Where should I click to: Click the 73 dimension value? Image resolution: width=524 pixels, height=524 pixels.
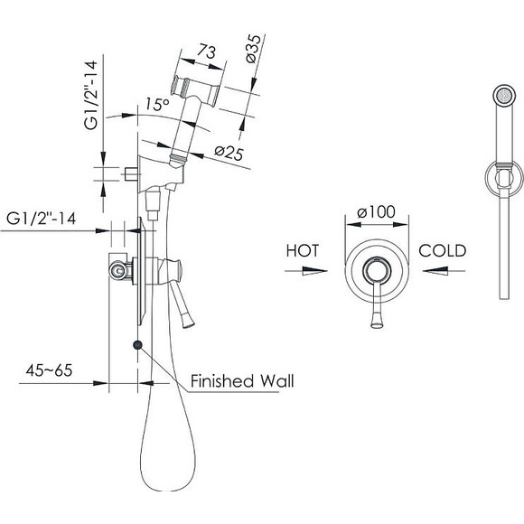(x=206, y=51)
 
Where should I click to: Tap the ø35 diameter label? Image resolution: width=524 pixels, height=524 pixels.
(x=254, y=49)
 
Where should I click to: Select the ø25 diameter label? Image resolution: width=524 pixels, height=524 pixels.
(x=229, y=154)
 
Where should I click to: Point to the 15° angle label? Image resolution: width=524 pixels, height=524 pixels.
(x=158, y=104)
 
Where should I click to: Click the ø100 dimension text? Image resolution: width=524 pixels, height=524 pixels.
(x=376, y=211)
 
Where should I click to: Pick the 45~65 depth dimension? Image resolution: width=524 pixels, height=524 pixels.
(x=49, y=370)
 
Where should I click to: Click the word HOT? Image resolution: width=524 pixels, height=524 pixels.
(x=303, y=250)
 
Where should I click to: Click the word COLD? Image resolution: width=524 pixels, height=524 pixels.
(x=442, y=250)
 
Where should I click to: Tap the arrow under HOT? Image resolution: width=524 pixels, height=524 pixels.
(x=305, y=271)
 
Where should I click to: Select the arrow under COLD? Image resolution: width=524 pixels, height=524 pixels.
(x=444, y=270)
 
